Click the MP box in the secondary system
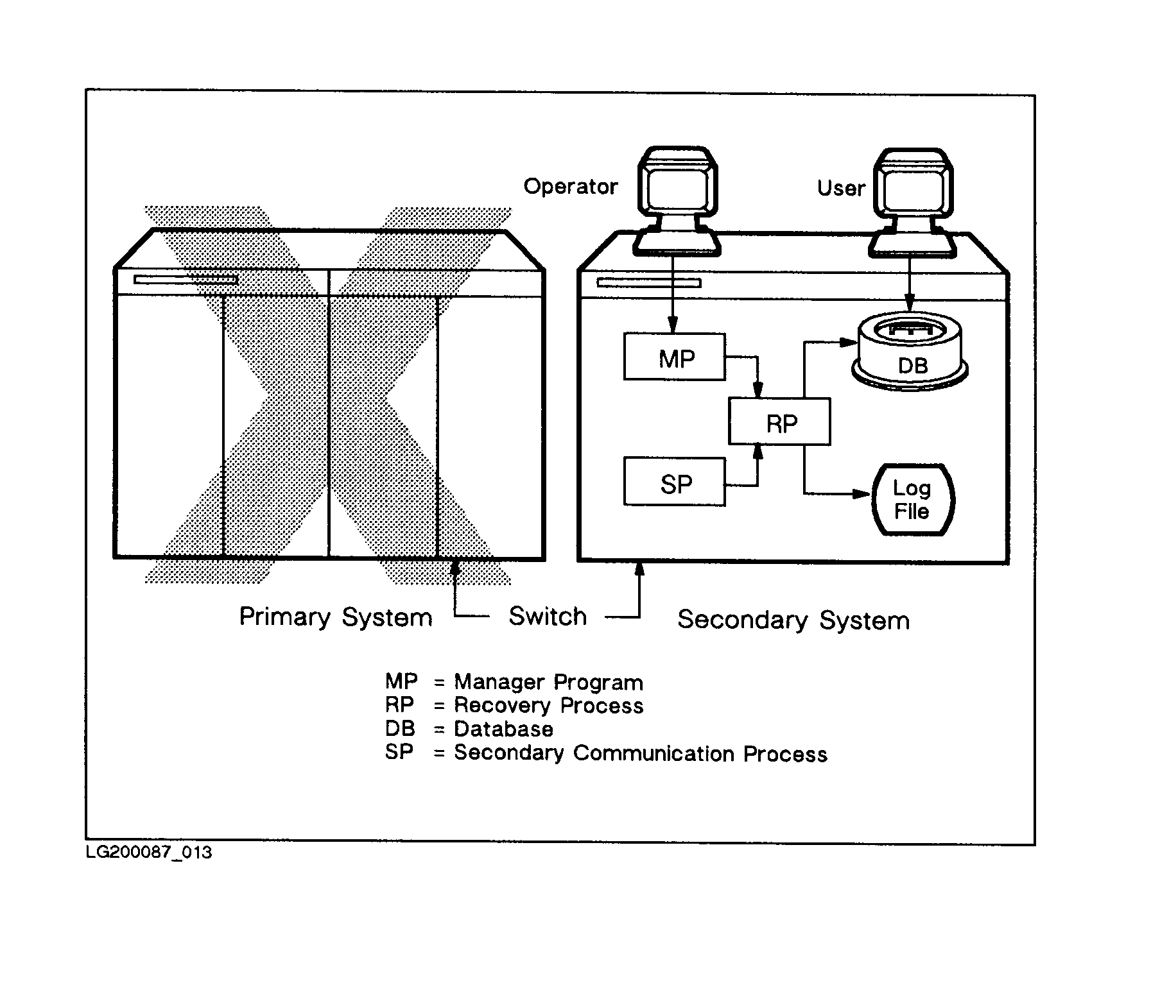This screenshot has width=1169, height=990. click(x=674, y=357)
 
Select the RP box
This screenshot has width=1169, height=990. click(x=779, y=422)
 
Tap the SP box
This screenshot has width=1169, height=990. click(x=674, y=482)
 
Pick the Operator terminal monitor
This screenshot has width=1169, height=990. click(x=677, y=186)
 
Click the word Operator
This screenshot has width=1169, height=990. click(x=570, y=187)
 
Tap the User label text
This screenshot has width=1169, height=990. click(x=840, y=188)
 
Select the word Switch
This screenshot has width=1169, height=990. click(x=548, y=617)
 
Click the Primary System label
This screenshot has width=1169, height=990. click(x=335, y=617)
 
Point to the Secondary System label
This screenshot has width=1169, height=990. click(x=793, y=620)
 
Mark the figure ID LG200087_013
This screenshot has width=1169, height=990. click(x=149, y=852)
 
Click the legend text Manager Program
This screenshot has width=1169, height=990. click(x=548, y=682)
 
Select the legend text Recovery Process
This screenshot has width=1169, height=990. click(x=548, y=706)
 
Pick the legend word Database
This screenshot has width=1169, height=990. click(x=503, y=730)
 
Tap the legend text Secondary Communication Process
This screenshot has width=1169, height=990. click(x=640, y=753)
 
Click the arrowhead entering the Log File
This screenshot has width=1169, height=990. click(x=862, y=494)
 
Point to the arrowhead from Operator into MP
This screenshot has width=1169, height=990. click(x=672, y=325)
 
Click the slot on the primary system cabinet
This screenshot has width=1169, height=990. click(x=186, y=280)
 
